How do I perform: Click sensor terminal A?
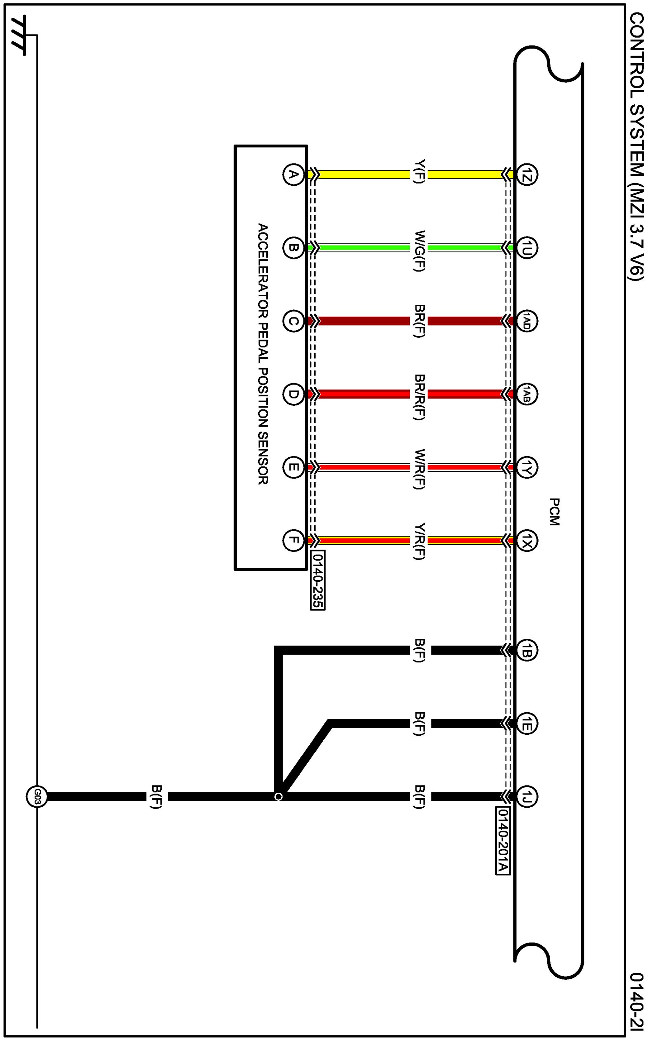pyautogui.click(x=293, y=175)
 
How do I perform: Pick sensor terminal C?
pyautogui.click(x=293, y=321)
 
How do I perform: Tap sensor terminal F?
pyautogui.click(x=293, y=540)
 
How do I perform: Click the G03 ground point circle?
pyautogui.click(x=37, y=797)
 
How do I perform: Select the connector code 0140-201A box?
pyautogui.click(x=503, y=840)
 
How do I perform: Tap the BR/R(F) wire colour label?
pyautogui.click(x=419, y=397)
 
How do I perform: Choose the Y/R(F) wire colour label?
pyautogui.click(x=419, y=542)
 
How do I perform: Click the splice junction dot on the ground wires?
pyautogui.click(x=278, y=796)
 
